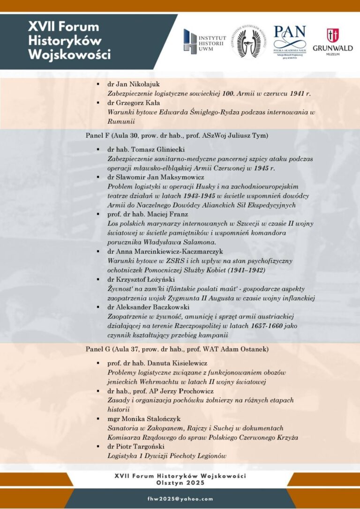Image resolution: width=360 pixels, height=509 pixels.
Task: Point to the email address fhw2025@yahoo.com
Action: (180, 499)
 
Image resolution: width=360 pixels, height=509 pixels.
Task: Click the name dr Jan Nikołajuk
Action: (134, 84)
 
